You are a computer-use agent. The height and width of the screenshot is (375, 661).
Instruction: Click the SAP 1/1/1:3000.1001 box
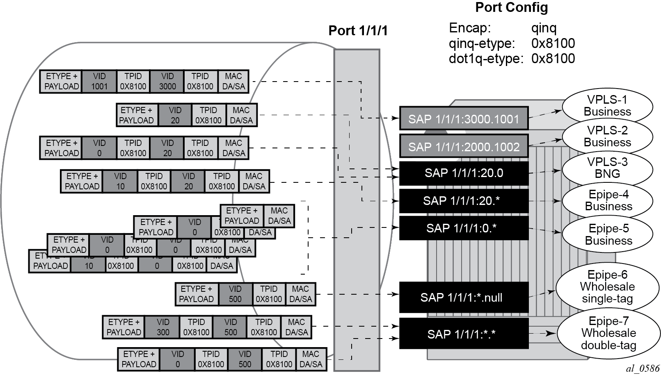coord(464,119)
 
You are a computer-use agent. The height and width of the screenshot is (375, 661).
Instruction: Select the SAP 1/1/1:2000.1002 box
coord(464,146)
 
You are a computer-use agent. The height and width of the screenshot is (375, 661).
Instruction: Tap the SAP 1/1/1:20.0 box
coord(464,173)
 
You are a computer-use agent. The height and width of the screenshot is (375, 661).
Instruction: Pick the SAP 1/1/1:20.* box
coord(464,201)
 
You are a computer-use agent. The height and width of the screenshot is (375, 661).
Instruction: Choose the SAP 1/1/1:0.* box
coord(464,228)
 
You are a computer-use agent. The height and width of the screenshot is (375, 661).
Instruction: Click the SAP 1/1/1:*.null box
coord(464,297)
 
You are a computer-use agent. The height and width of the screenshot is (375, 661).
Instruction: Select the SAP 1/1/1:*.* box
coord(464,334)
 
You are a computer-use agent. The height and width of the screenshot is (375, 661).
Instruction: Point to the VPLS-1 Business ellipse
coord(607,106)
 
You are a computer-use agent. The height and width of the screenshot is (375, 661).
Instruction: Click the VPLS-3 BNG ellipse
coord(607,168)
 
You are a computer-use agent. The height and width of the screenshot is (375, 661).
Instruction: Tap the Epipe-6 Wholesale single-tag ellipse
coord(607,287)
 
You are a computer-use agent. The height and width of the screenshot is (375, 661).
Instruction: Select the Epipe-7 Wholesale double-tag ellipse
coord(608,333)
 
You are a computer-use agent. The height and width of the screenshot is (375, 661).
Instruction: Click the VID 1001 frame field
coord(99,82)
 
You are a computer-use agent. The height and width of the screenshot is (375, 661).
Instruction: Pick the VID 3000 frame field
coord(167,82)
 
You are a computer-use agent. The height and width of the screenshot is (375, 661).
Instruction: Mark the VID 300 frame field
coord(162,327)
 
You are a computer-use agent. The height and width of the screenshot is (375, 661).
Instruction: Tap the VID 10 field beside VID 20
coord(120,181)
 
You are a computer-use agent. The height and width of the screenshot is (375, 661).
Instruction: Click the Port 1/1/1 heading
coord(358,31)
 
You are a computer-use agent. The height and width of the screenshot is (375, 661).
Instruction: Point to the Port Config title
coord(511,7)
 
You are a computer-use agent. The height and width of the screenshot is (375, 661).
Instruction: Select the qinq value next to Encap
coord(544,28)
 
